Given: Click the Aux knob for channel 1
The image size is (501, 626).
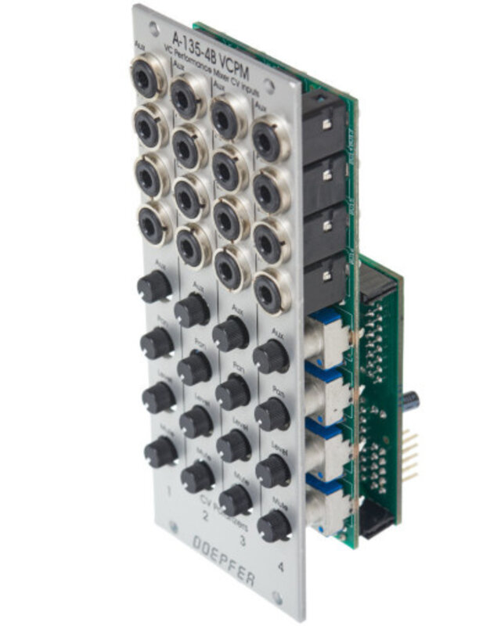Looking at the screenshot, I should pyautogui.click(x=154, y=286).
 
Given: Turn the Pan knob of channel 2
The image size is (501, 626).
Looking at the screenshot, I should pyautogui.click(x=194, y=366).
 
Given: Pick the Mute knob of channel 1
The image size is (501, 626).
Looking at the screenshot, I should pyautogui.click(x=160, y=452).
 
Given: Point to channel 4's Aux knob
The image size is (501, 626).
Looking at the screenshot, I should pyautogui.click(x=271, y=357).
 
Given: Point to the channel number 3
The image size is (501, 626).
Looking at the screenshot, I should pyautogui.click(x=243, y=540).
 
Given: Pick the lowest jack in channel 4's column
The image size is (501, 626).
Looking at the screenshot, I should pyautogui.click(x=271, y=290).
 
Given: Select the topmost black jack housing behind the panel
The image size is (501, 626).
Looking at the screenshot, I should pyautogui.click(x=324, y=125).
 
